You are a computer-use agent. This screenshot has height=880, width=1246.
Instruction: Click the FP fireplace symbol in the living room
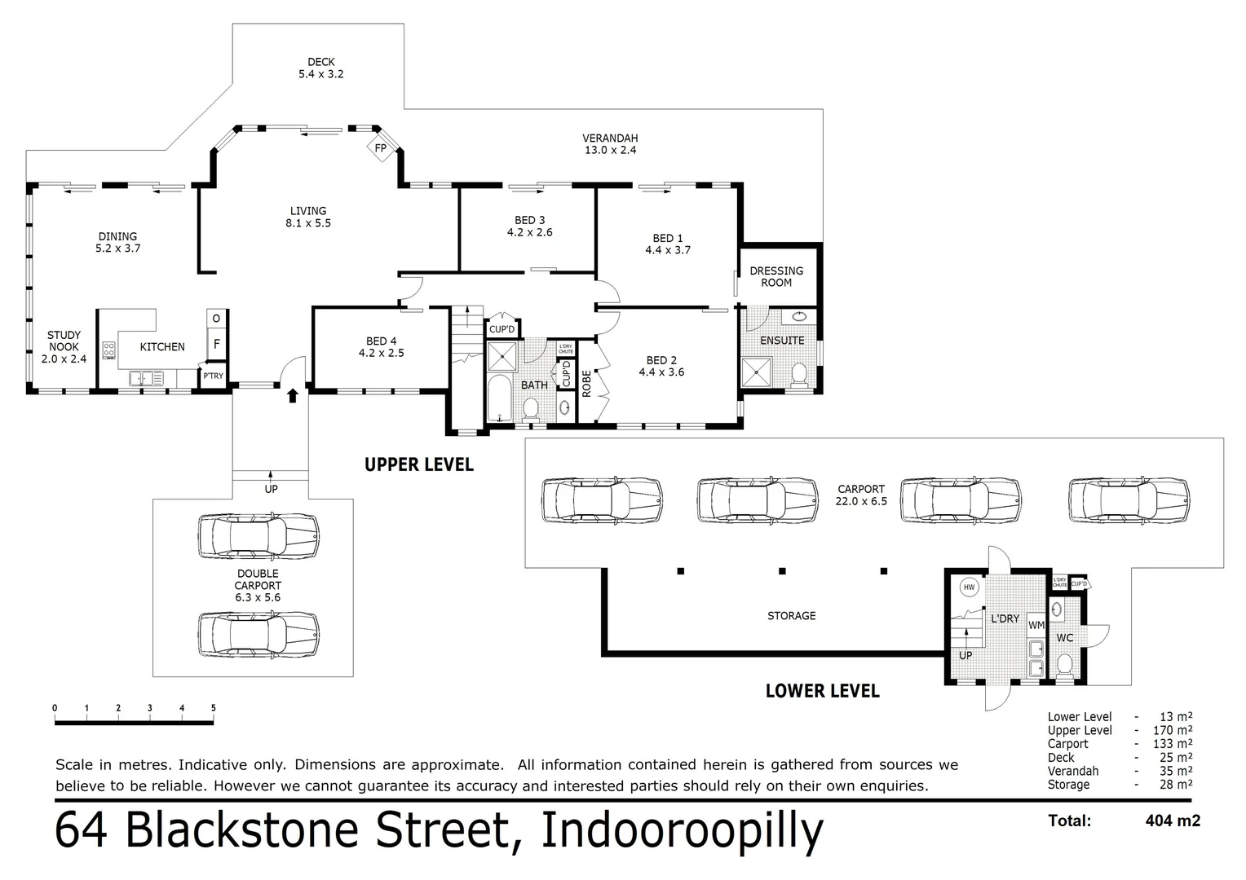[x=381, y=148]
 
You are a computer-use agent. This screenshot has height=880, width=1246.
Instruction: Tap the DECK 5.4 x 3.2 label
[x=321, y=68]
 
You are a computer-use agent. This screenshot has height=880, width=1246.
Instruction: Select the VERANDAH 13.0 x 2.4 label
[x=610, y=144]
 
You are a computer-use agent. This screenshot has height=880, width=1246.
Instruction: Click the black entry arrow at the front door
[x=292, y=396]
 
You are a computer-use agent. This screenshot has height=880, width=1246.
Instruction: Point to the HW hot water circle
[x=970, y=587]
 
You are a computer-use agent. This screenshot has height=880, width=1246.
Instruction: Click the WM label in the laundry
[x=1036, y=625]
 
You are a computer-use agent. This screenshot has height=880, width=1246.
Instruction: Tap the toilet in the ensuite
[x=799, y=375]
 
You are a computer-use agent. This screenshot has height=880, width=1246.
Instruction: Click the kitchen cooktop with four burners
[x=109, y=350]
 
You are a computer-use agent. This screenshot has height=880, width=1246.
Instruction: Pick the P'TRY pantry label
[x=214, y=376]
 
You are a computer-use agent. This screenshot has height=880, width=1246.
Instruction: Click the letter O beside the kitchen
[x=217, y=318]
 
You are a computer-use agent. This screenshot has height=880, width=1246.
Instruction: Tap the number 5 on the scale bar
[x=214, y=707]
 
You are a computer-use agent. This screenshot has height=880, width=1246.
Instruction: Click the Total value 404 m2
[x=1173, y=821]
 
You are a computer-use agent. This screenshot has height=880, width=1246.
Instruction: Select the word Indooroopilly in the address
[x=682, y=831]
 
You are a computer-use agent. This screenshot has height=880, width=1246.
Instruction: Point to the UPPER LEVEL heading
[x=418, y=464]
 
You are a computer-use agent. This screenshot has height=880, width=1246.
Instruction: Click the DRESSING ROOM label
[x=776, y=276]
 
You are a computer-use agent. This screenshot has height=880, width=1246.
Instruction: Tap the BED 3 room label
[x=530, y=226]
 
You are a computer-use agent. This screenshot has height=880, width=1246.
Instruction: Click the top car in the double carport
[x=258, y=535]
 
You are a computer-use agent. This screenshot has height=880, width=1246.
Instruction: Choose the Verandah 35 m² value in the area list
[x=1175, y=771]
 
